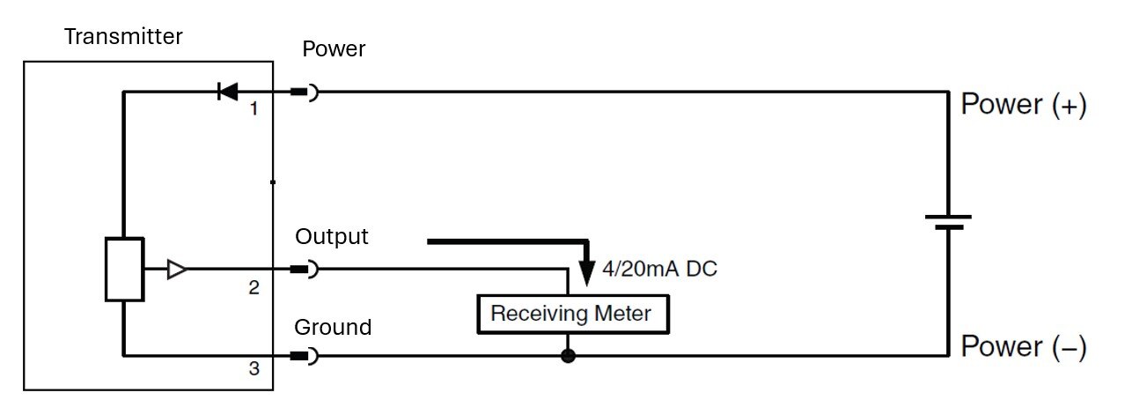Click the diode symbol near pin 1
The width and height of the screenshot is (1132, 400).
coord(228,91)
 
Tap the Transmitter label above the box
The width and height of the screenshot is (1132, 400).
coord(124,37)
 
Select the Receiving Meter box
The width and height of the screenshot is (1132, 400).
coord(570,314)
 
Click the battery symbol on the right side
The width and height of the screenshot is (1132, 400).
coord(948,221)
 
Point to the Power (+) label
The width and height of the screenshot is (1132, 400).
coord(1024,105)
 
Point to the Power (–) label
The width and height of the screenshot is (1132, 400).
coord(1024,346)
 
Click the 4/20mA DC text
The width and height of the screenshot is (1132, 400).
coord(659,269)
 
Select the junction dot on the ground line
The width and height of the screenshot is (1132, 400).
coord(569,356)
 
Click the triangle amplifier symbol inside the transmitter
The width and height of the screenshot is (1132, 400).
coord(177,270)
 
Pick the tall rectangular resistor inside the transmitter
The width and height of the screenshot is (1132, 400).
coord(124,270)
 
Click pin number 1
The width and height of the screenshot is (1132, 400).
coord(254,109)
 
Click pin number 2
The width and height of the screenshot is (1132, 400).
coord(254,287)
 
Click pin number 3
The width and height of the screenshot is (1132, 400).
coord(254,369)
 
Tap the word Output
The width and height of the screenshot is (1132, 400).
coord(332,237)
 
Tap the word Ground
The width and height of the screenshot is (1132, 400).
coord(333,328)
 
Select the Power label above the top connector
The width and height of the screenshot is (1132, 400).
coord(334,49)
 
